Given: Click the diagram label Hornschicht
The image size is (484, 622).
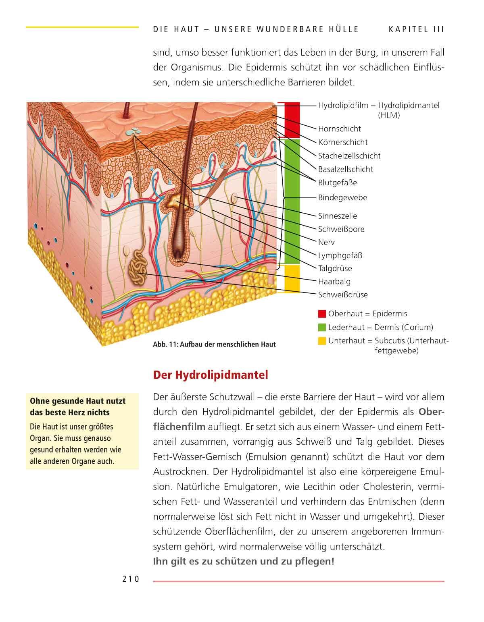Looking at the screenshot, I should click(x=339, y=129).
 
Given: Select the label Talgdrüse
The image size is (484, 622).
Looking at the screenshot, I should click(x=335, y=268).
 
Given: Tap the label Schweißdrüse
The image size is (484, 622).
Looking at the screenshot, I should click(x=343, y=294).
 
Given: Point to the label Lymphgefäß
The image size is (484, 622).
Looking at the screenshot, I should click(x=340, y=255).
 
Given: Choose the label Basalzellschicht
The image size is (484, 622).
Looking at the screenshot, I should click(x=345, y=169).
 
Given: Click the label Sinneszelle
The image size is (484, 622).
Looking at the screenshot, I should click(x=337, y=216).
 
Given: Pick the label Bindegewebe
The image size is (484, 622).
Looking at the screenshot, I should click(x=342, y=197).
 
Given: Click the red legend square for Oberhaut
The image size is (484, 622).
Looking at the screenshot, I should click(x=322, y=314).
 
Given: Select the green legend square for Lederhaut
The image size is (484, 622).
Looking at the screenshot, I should click(x=322, y=327).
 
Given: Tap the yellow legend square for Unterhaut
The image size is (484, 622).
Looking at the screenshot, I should click(x=322, y=341).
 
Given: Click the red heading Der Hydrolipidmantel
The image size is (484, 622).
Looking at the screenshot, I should click(x=211, y=375).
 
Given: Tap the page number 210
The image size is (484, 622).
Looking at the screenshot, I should click(x=130, y=579).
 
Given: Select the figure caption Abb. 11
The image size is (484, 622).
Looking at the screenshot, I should click(x=214, y=344).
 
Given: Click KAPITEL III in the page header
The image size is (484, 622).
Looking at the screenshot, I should click(x=416, y=29).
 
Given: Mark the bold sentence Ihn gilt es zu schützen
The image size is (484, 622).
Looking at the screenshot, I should click(x=244, y=561).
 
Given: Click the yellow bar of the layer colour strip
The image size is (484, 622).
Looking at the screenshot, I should click(x=292, y=277).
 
